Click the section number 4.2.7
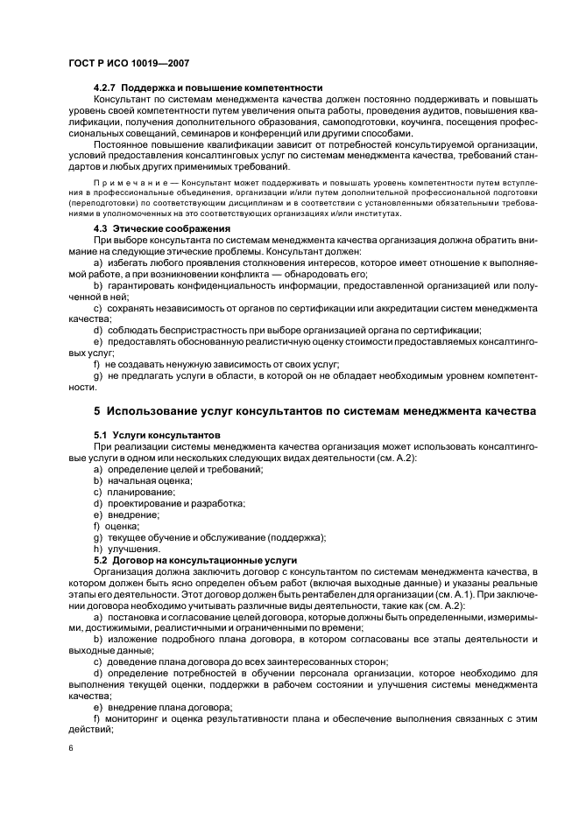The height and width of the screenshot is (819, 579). point(105,87)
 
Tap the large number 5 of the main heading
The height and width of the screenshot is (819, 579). point(97,411)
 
